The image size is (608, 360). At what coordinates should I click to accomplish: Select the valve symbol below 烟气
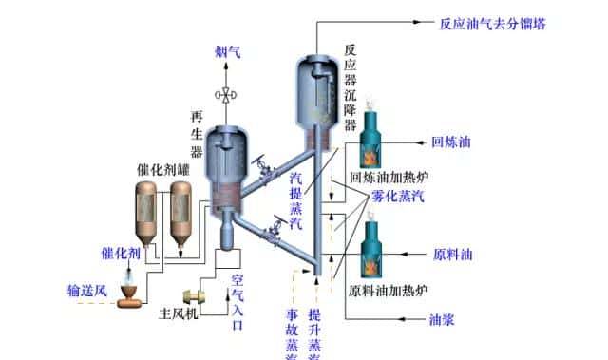(228, 94)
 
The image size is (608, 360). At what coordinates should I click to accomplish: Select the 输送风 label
(85, 288)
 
